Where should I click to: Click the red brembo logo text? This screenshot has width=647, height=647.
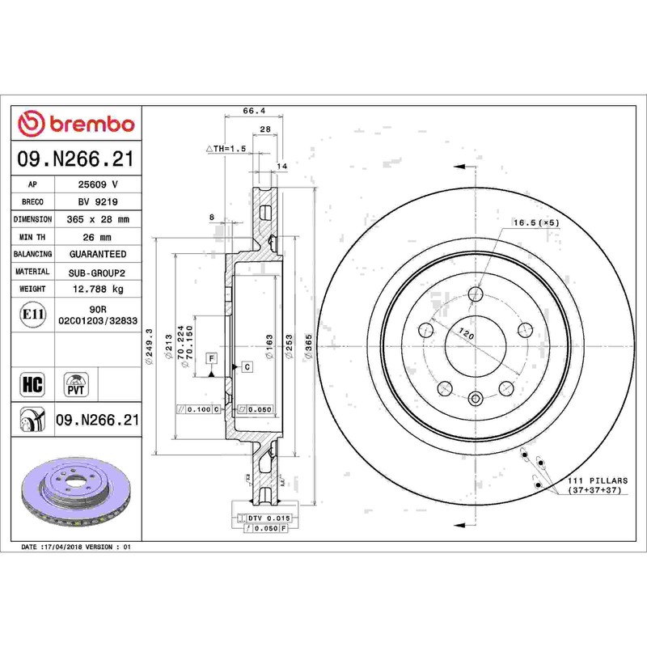click(x=92, y=124)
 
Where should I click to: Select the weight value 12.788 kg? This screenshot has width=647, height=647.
click(x=98, y=289)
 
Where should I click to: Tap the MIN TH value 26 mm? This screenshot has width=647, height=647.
click(x=97, y=237)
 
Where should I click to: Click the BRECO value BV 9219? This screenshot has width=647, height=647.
click(x=98, y=201)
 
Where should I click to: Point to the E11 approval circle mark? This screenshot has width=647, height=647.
click(x=33, y=315)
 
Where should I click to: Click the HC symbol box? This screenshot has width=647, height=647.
click(x=32, y=385)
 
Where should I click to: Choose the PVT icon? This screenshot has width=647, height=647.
click(x=76, y=385)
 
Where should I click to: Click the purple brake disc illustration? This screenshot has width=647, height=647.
click(x=75, y=491)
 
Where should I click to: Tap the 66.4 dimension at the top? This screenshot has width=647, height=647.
click(x=254, y=111)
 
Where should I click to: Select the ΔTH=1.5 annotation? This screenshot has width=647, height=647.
click(x=226, y=149)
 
